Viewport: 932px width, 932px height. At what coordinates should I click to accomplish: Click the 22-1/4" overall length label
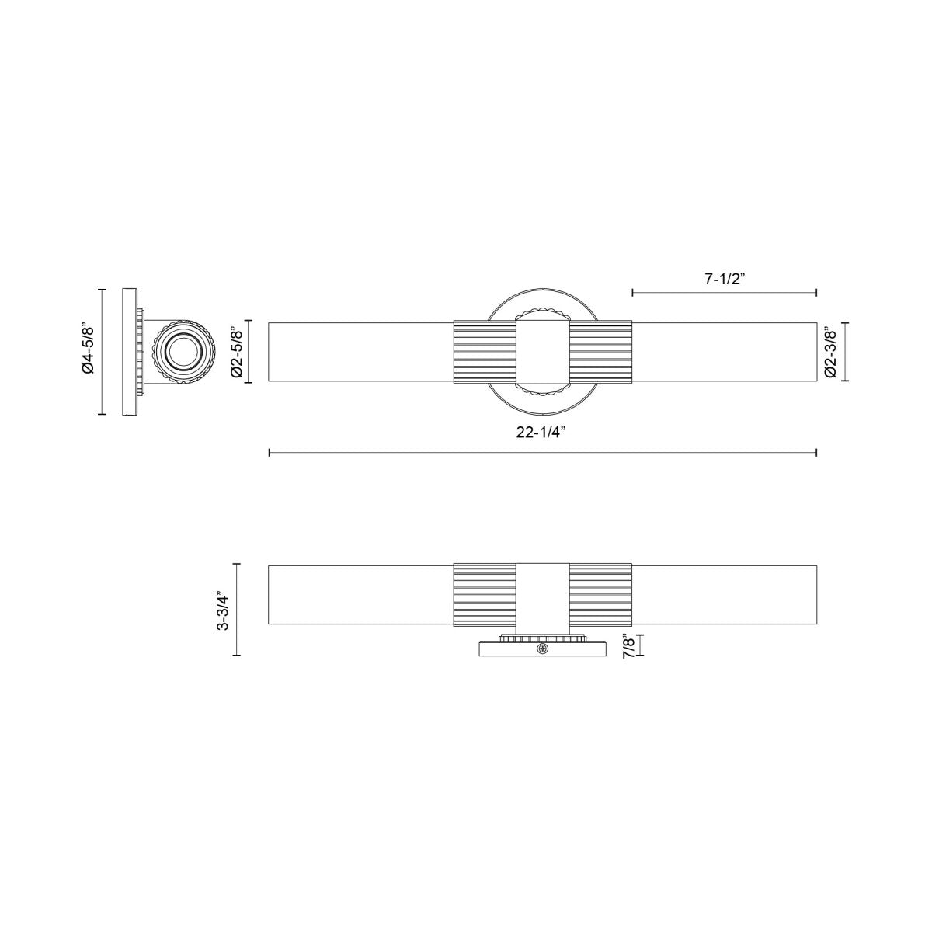click(x=541, y=433)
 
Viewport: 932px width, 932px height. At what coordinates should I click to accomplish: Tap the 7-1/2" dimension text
click(x=725, y=280)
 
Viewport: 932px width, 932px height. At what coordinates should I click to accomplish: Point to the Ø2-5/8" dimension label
click(x=238, y=352)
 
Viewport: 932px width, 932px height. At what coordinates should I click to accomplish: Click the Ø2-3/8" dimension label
click(x=831, y=352)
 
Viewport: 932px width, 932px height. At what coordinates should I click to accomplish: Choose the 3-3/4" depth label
click(x=224, y=610)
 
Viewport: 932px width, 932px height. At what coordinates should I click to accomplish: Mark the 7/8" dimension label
click(x=629, y=645)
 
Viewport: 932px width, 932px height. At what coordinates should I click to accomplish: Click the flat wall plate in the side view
click(x=129, y=352)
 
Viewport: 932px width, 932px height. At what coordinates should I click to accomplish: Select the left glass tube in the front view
click(x=360, y=352)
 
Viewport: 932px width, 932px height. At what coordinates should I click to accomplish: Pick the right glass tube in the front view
click(x=724, y=352)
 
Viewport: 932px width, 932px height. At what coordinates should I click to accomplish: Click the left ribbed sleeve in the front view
click(x=485, y=352)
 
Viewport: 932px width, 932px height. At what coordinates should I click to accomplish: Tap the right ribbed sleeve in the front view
click(x=600, y=352)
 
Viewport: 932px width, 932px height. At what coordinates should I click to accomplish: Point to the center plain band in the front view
click(x=542, y=352)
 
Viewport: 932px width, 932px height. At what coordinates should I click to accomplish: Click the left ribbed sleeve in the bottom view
click(x=485, y=594)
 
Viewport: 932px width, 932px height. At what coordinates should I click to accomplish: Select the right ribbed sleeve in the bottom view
click(x=600, y=594)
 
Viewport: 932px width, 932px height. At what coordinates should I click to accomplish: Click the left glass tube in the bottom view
click(x=360, y=594)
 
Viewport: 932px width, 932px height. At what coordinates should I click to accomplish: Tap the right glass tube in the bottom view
click(x=724, y=594)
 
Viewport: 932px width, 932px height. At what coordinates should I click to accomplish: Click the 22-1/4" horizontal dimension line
click(x=388, y=452)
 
